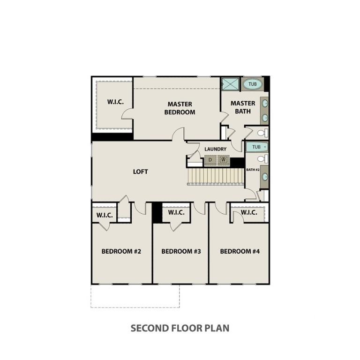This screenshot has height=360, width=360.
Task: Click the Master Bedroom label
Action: (x=180, y=108)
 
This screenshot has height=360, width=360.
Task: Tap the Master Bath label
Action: (x=243, y=107)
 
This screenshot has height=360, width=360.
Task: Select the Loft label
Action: (x=140, y=172)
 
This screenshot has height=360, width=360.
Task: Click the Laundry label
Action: (x=216, y=149)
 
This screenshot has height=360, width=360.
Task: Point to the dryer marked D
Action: (x=210, y=160)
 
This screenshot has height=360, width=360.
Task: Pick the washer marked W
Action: (x=224, y=160)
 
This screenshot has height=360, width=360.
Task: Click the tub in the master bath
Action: (x=253, y=84)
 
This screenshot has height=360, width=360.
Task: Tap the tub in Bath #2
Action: (x=256, y=147)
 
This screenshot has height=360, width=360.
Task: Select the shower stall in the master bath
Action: (x=230, y=84)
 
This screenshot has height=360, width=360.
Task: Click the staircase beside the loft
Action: (x=216, y=176)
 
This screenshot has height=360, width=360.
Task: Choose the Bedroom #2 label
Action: (x=121, y=251)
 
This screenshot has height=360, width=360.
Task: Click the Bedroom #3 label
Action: (x=181, y=251)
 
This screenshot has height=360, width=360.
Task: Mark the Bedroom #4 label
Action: (x=240, y=251)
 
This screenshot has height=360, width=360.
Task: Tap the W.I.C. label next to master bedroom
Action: (x=115, y=102)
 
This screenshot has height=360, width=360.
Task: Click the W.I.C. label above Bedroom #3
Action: (x=176, y=213)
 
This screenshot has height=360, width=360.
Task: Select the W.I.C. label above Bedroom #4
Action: (x=249, y=213)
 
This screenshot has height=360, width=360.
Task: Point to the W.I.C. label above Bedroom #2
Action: (x=105, y=215)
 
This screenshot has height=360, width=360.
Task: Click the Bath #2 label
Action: (x=253, y=170)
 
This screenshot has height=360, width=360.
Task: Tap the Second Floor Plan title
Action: (x=180, y=328)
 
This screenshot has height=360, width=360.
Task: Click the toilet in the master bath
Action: (x=262, y=133)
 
